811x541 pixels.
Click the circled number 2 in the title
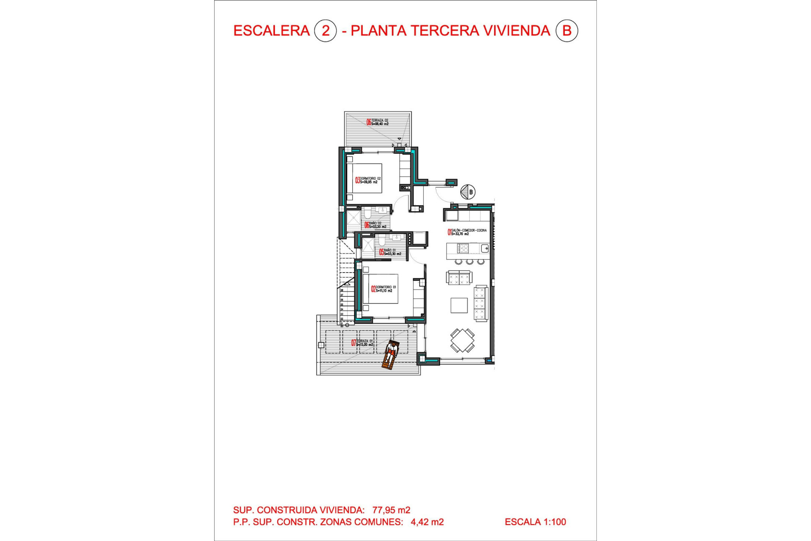tap(325, 31)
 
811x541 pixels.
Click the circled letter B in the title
tap(566, 31)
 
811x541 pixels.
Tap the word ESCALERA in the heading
tap(271, 31)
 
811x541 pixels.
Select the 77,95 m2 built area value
tap(391, 510)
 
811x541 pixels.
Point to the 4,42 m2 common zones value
tap(427, 522)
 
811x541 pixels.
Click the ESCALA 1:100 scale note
tap(535, 522)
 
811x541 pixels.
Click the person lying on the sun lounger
tap(391, 354)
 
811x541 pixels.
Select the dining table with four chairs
tap(462, 340)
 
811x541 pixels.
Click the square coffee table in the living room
tap(459, 305)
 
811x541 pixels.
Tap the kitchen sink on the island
tap(484, 248)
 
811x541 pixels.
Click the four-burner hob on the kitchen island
tap(463, 248)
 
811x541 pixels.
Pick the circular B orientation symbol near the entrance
tap(468, 192)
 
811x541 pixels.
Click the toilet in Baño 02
tap(367, 213)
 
